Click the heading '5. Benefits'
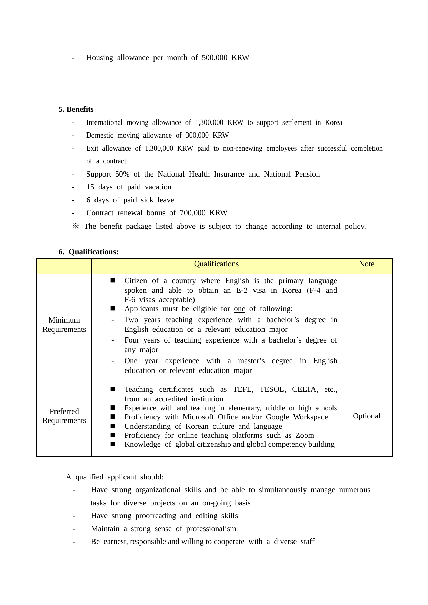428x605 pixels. pyautogui.click(x=76, y=109)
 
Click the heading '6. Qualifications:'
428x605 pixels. pyautogui.click(x=88, y=252)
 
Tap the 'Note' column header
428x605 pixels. pyautogui.click(x=366, y=264)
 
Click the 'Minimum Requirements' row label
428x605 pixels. pyautogui.click(x=64, y=325)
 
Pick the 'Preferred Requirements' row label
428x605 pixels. pyautogui.click(x=64, y=416)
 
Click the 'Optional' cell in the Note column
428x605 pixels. pyautogui.click(x=366, y=416)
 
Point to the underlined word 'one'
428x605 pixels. pyautogui.click(x=239, y=309)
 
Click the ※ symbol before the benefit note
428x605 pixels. pyautogui.click(x=76, y=226)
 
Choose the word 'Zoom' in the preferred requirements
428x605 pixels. pyautogui.click(x=305, y=435)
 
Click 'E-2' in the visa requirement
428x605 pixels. pyautogui.click(x=242, y=290)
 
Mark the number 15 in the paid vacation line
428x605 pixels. pyautogui.click(x=90, y=187)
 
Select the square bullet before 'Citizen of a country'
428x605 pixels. pyautogui.click(x=113, y=281)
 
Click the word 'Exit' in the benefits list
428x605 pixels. pyautogui.click(x=92, y=148)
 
